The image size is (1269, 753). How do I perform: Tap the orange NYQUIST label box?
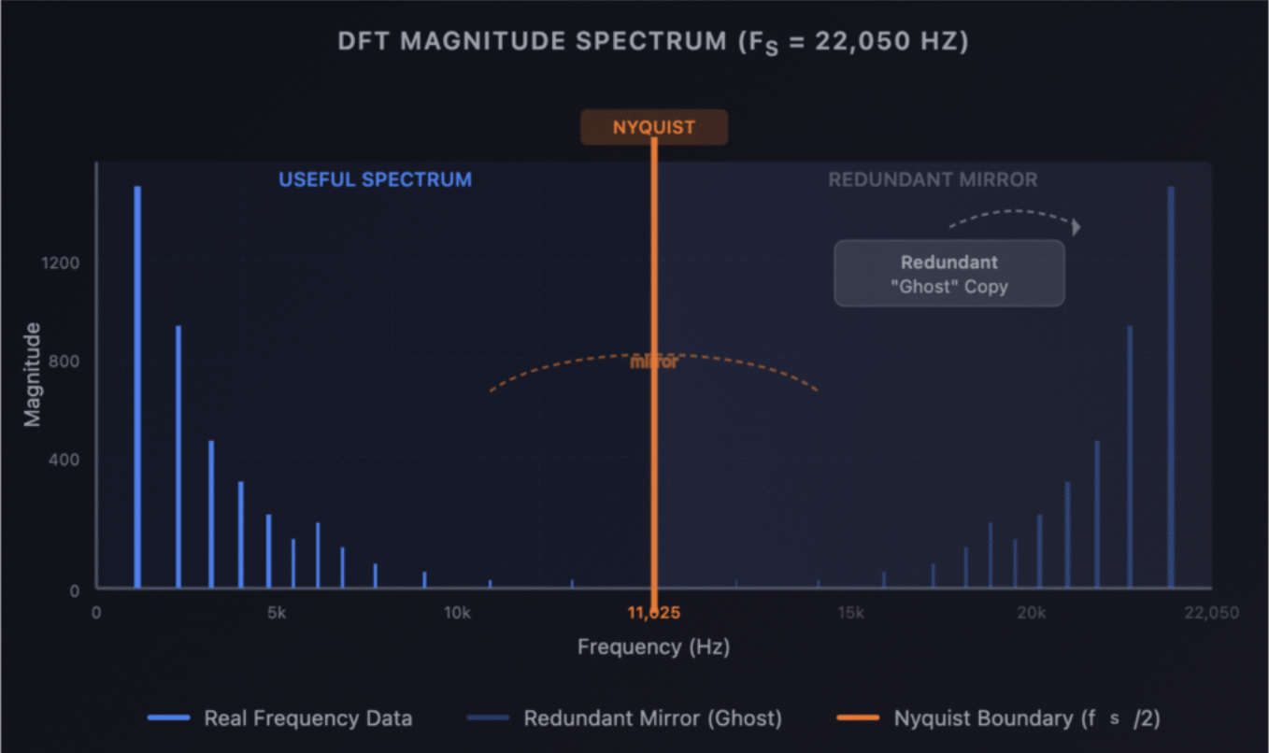(654, 127)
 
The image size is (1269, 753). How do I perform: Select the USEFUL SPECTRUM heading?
(376, 179)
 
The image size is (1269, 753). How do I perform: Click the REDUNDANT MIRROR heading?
(933, 179)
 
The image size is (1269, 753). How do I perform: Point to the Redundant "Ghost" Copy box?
(948, 274)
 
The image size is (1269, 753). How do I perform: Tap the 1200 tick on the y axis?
(61, 263)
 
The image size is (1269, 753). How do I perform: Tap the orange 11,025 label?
(654, 613)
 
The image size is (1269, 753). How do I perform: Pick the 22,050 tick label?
(1211, 613)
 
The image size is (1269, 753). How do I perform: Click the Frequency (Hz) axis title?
(653, 646)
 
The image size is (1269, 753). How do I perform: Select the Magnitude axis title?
(33, 374)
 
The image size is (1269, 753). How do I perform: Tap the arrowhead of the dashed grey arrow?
(1077, 227)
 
